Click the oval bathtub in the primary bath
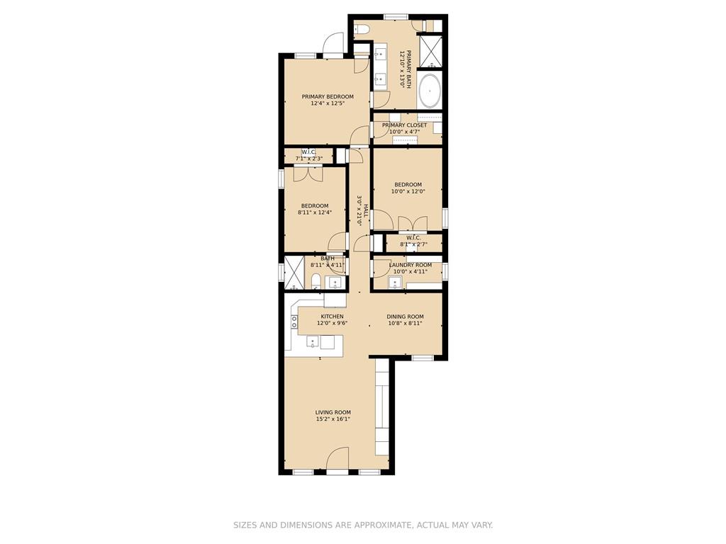[429, 91]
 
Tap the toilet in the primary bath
[361, 28]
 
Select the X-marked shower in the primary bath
[430, 50]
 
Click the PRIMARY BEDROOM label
[328, 96]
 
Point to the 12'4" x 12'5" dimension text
[328, 103]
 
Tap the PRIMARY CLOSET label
[404, 125]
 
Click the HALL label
[366, 210]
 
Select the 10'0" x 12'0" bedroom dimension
[408, 191]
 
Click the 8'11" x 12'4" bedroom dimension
[315, 212]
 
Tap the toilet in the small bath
[315, 280]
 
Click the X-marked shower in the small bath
[294, 273]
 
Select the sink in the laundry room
[396, 282]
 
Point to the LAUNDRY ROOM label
[411, 265]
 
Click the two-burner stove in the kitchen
[294, 322]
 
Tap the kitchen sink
[313, 342]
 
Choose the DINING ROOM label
[405, 317]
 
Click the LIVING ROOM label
[333, 413]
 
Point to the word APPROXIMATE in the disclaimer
[382, 525]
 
